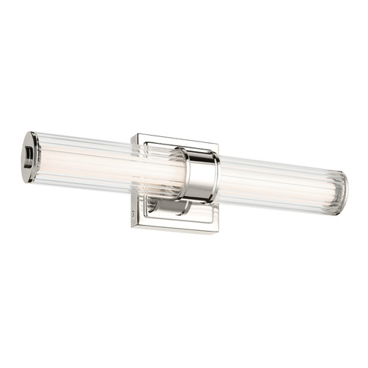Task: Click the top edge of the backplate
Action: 175,139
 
